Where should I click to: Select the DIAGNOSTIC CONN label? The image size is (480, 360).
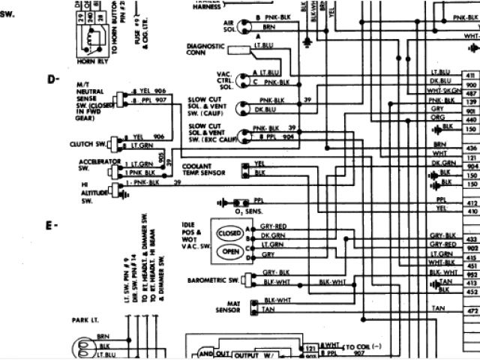[205, 49]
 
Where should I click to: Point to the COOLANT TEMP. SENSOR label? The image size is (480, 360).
[203, 169]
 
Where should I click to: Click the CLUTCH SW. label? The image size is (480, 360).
[89, 141]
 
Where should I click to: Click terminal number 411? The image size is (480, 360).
[471, 77]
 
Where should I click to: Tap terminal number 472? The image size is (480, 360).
[471, 309]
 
